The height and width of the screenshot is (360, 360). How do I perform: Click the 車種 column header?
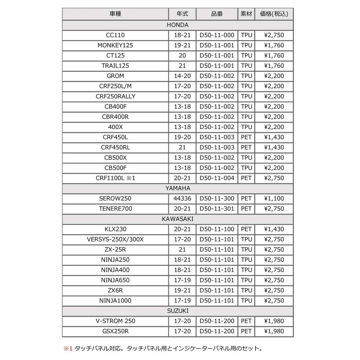coord(115,14)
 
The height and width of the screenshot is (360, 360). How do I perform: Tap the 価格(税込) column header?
coord(274,14)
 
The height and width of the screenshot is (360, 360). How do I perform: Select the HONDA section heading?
coord(178,25)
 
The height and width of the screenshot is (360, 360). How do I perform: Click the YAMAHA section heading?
coord(178,188)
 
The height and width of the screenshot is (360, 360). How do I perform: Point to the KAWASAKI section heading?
coord(178,219)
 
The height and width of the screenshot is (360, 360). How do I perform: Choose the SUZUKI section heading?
coord(178,310)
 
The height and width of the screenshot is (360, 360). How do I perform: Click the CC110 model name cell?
coord(115,35)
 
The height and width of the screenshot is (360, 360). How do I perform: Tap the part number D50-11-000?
coord(217,35)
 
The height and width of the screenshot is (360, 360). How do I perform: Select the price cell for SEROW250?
coord(274,198)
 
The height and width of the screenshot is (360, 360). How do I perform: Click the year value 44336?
coord(182,198)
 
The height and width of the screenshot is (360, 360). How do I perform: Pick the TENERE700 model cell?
coord(115,208)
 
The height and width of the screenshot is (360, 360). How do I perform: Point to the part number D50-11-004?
coord(217,178)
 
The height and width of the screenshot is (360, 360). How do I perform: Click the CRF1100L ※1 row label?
coord(115,178)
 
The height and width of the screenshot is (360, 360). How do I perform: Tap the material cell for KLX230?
coord(246,229)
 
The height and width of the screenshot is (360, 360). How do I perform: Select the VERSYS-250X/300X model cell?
coord(115,239)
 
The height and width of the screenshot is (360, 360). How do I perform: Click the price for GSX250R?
coord(274,331)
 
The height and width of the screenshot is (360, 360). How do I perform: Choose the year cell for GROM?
coord(182,76)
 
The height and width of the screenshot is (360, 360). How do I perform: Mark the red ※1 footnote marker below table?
coord(67,349)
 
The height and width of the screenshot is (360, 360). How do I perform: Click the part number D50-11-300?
coord(217,198)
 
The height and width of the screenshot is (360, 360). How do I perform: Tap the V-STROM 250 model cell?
coord(115,321)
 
